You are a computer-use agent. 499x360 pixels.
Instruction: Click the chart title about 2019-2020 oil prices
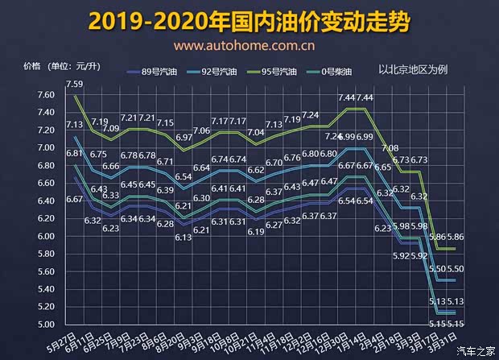tap(250, 21)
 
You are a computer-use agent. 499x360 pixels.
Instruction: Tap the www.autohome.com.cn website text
tap(249, 47)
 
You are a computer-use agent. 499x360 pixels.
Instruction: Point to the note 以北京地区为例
tap(412, 69)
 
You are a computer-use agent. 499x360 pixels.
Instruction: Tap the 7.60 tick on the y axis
tap(23, 95)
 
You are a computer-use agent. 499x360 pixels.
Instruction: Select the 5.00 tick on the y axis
tap(23, 324)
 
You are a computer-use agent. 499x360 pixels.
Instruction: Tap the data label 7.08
tap(390, 148)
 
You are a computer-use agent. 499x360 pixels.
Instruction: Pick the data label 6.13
tap(183, 238)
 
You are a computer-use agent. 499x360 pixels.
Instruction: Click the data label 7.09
tap(110, 128)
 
